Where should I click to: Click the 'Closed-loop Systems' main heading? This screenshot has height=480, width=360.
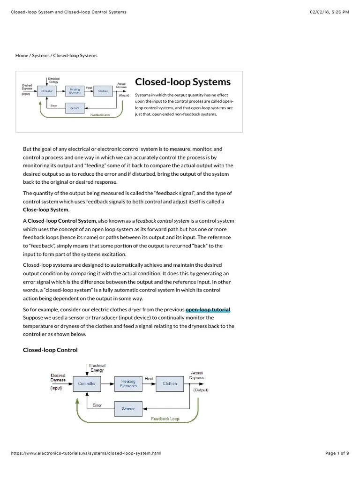[183, 82]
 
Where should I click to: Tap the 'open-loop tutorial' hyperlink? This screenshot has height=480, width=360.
[208, 309]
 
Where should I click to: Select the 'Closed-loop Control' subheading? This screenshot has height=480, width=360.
[50, 350]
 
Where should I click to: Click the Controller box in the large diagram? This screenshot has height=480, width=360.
[87, 383]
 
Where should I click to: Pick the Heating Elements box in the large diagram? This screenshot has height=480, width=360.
[128, 383]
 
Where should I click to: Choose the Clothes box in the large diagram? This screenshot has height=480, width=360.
[170, 383]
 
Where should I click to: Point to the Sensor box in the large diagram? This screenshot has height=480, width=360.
[128, 409]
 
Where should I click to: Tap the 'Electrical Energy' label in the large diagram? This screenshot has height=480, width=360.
[97, 367]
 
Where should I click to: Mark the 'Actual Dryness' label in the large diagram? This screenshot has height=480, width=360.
[196, 375]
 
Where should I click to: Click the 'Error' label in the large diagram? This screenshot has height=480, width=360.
[97, 405]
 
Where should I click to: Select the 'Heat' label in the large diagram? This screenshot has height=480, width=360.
[149, 378]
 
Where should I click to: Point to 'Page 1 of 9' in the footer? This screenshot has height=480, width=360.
[337, 453]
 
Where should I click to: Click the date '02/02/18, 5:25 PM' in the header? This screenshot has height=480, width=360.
[330, 12]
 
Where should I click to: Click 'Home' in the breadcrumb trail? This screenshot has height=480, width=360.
[22, 55]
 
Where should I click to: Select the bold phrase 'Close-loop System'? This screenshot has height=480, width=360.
[45, 210]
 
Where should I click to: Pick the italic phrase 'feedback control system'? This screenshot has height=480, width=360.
[162, 220]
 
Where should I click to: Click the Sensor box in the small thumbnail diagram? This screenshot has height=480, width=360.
[75, 108]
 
